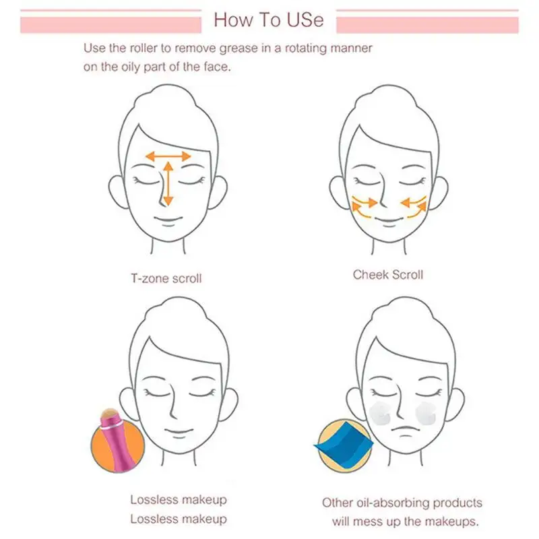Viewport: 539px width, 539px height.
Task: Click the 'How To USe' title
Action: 268,19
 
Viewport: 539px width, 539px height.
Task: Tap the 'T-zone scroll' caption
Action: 166,278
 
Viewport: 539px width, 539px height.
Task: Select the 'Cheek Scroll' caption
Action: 387,275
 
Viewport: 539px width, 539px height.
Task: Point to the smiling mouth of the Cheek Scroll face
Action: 388,220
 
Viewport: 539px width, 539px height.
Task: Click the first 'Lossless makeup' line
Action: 178,500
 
